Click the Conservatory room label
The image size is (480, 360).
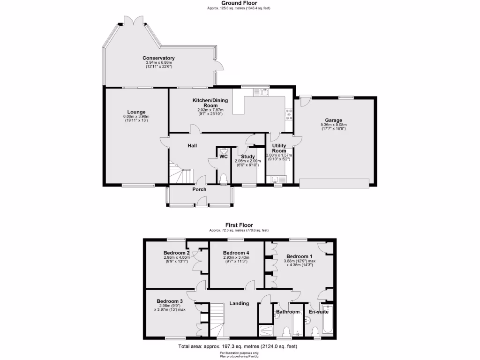point(158,58)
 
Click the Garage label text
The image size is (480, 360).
point(334,120)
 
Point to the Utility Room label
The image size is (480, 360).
point(279,148)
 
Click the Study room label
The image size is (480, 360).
point(248,157)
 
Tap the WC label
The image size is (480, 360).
point(224,157)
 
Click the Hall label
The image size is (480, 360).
point(192,146)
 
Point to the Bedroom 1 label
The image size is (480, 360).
point(300,256)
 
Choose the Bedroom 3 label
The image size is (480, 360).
point(170,301)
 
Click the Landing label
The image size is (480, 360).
point(239,303)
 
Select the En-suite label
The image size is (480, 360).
point(318,311)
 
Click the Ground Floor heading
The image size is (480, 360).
point(239,3)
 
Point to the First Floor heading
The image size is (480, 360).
point(239,225)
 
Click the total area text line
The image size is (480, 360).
point(238,346)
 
